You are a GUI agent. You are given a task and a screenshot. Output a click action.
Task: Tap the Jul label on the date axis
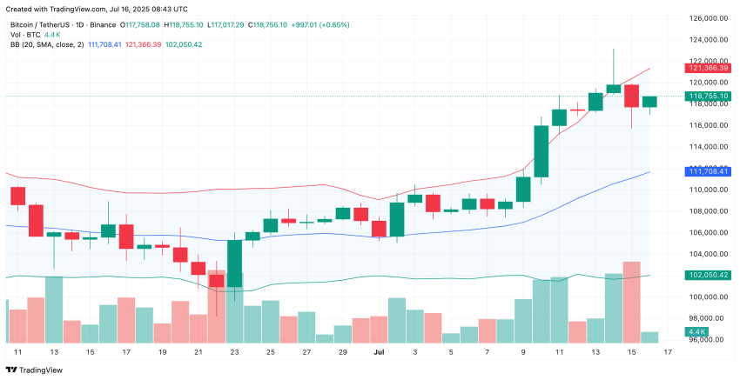tap(378, 352)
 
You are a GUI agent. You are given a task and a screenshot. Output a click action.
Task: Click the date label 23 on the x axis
tap(235, 352)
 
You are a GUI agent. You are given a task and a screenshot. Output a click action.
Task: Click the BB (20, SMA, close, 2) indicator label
tap(44, 44)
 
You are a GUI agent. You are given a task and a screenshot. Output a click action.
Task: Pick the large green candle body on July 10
tap(541, 151)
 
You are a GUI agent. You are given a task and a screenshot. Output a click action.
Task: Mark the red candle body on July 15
tap(632, 96)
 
